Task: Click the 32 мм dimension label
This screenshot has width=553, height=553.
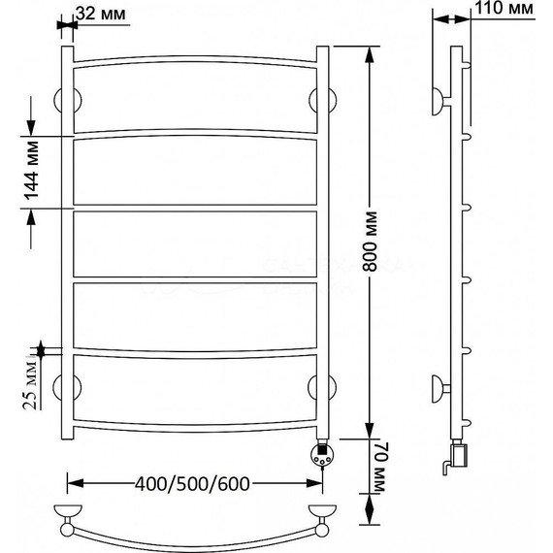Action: pos(101,14)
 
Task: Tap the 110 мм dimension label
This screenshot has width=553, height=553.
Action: pos(504,8)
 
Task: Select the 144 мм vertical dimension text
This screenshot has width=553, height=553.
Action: pos(31,171)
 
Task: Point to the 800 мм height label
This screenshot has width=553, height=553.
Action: pos(370,242)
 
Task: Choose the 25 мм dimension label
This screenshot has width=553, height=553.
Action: pos(30,385)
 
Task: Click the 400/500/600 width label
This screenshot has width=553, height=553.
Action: pos(192,484)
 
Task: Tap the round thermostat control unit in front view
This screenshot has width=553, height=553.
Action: pos(321,455)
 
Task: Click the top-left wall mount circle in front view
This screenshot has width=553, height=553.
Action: pos(67,101)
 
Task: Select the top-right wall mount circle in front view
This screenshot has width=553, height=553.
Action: pos(322,100)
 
